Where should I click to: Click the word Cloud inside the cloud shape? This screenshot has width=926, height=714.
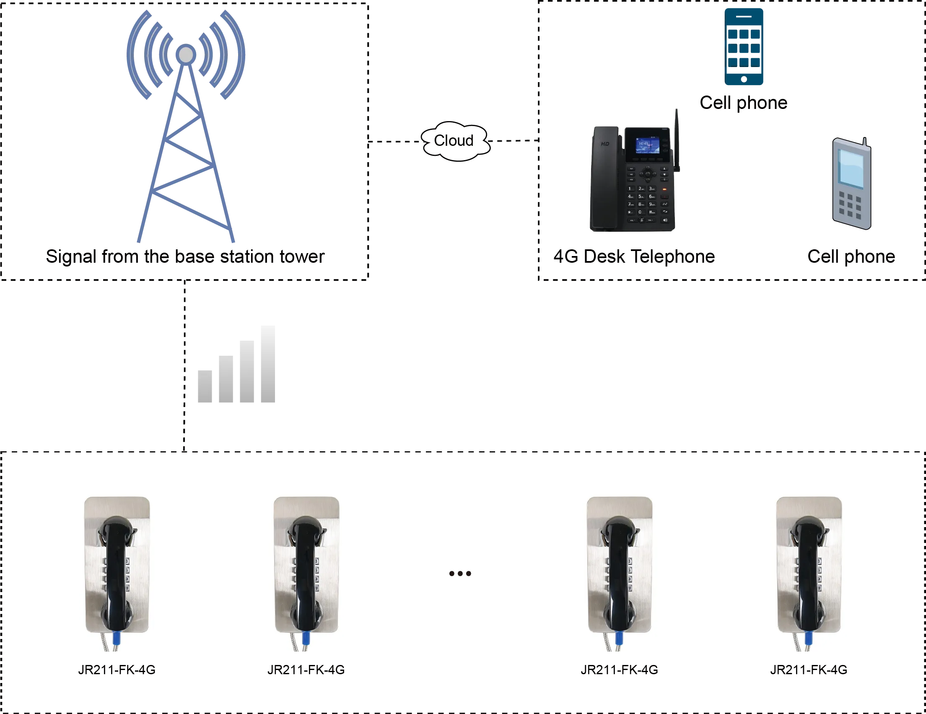pyautogui.click(x=453, y=140)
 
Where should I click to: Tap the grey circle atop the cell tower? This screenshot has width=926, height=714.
pyautogui.click(x=186, y=54)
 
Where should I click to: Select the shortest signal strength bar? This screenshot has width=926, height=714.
pyautogui.click(x=206, y=387)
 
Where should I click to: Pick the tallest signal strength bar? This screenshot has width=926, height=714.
pyautogui.click(x=266, y=365)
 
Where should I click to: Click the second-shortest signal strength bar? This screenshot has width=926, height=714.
pyautogui.click(x=226, y=380)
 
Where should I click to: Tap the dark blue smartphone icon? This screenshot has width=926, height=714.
pyautogui.click(x=744, y=47)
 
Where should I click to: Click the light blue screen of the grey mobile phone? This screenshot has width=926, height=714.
pyautogui.click(x=851, y=168)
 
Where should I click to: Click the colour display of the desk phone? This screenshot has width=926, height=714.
pyautogui.click(x=647, y=146)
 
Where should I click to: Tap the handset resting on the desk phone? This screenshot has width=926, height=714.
pyautogui.click(x=605, y=178)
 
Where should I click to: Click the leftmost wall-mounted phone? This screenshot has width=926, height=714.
pyautogui.click(x=117, y=571)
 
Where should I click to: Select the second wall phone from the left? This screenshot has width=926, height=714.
pyautogui.click(x=305, y=571)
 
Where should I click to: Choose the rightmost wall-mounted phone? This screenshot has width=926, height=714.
pyautogui.click(x=808, y=571)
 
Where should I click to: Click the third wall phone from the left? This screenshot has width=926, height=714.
pyautogui.click(x=618, y=571)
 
